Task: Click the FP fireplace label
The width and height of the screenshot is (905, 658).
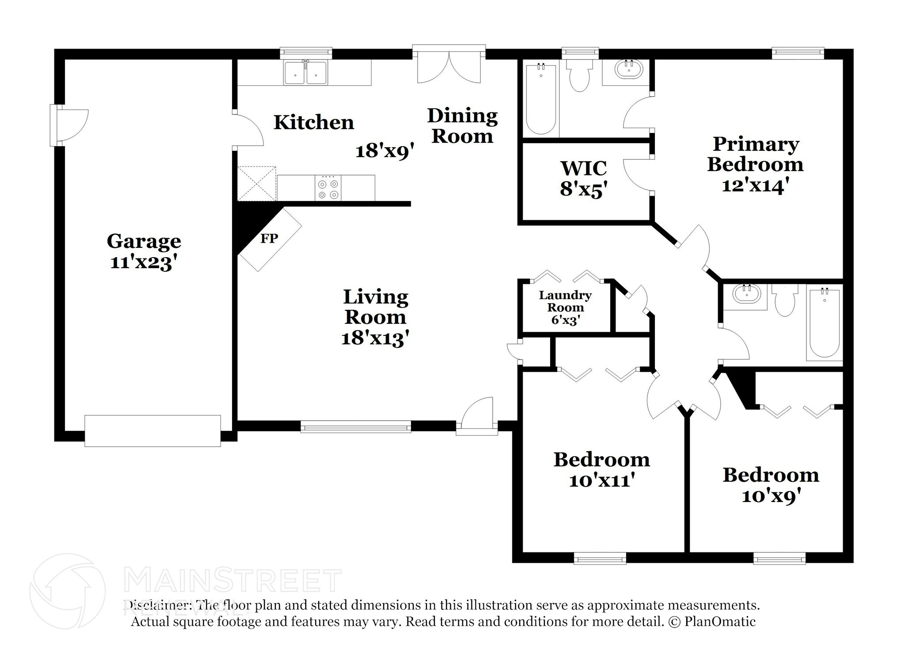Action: [269, 239]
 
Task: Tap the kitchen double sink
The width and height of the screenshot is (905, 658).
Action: [305, 73]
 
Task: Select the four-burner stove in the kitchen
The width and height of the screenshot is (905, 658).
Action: [328, 189]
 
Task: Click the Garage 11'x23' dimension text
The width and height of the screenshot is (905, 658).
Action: [144, 263]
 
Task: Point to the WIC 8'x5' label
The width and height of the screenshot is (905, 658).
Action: [583, 179]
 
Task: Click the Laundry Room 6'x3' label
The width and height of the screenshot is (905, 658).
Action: [565, 308]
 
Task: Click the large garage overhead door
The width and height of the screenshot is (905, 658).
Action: [152, 430]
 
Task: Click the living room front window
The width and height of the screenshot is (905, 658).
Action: [356, 427]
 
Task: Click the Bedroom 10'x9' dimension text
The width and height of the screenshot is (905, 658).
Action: [771, 496]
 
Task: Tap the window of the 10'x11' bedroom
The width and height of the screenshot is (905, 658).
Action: [600, 559]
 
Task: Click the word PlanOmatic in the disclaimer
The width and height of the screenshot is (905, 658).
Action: [720, 622]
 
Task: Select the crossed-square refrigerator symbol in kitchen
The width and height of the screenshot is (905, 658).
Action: [256, 183]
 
